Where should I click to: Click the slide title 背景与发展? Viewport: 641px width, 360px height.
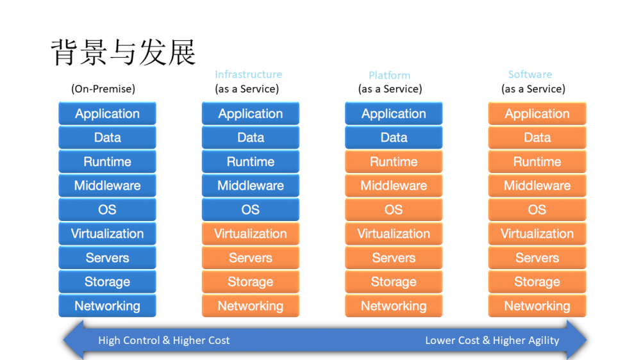click(123, 52)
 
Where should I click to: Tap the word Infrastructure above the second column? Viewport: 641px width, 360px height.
click(248, 75)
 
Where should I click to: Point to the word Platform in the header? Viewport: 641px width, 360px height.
click(389, 76)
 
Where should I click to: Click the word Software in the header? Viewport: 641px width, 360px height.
click(530, 75)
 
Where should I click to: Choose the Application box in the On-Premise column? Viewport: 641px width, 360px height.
click(107, 114)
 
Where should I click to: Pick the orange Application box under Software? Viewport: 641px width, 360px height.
click(537, 114)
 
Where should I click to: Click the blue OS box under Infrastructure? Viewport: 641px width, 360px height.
click(251, 210)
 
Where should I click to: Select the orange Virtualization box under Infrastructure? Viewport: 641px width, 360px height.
click(251, 234)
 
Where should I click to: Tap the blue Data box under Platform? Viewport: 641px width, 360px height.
click(394, 138)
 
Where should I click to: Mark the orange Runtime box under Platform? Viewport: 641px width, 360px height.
click(394, 162)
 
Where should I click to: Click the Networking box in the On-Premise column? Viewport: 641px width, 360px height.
click(107, 306)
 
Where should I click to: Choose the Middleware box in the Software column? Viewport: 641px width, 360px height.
click(537, 186)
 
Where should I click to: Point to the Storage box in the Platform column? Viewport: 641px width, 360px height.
click(394, 282)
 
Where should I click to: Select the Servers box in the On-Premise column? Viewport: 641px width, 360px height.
click(107, 258)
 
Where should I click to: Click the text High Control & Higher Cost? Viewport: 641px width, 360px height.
click(164, 340)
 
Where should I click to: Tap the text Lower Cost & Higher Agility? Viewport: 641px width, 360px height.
click(492, 340)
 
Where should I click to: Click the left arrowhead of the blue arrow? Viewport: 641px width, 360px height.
click(72, 340)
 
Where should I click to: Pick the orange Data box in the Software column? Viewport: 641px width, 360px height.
click(537, 138)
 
